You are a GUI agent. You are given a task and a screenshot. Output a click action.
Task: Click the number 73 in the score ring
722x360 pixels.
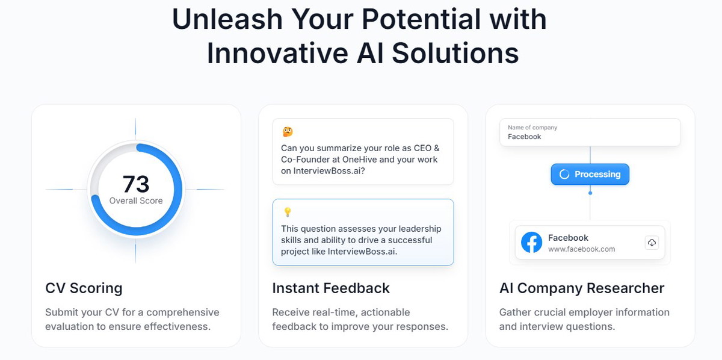pyautogui.click(x=136, y=184)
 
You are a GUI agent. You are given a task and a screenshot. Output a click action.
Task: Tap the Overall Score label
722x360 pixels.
pyautogui.click(x=136, y=200)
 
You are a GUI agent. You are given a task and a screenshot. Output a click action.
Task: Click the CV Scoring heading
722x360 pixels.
pyautogui.click(x=84, y=288)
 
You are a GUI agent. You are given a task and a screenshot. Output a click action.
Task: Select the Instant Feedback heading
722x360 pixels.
pyautogui.click(x=331, y=288)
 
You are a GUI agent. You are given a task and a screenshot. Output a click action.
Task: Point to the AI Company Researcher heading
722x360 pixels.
pyautogui.click(x=582, y=288)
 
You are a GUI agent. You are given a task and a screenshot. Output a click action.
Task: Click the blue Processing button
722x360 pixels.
pyautogui.click(x=590, y=174)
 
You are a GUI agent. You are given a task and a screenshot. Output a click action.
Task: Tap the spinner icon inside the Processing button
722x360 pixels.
pyautogui.click(x=564, y=174)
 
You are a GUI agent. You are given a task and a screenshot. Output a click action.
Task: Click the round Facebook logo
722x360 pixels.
pyautogui.click(x=531, y=242)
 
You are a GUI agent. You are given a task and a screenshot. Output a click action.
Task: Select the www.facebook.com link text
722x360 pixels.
pyautogui.click(x=581, y=249)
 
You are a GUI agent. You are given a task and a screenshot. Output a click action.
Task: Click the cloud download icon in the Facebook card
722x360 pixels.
pyautogui.click(x=652, y=243)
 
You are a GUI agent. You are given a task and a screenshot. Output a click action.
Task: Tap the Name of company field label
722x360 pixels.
pyautogui.click(x=532, y=128)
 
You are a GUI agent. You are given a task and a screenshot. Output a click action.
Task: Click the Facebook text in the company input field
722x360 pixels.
pyautogui.click(x=525, y=137)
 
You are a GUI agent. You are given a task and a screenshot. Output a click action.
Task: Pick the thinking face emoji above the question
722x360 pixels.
pyautogui.click(x=288, y=132)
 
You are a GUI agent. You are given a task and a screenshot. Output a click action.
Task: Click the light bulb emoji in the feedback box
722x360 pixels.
pyautogui.click(x=288, y=212)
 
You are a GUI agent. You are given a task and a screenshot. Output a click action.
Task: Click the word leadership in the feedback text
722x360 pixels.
pyautogui.click(x=420, y=229)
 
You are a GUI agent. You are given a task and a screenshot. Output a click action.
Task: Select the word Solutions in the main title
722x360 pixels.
pyautogui.click(x=455, y=53)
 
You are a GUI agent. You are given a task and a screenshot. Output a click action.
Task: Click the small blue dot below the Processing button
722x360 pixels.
pyautogui.click(x=590, y=193)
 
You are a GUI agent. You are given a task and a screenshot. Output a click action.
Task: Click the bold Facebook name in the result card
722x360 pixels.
pyautogui.click(x=568, y=238)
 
